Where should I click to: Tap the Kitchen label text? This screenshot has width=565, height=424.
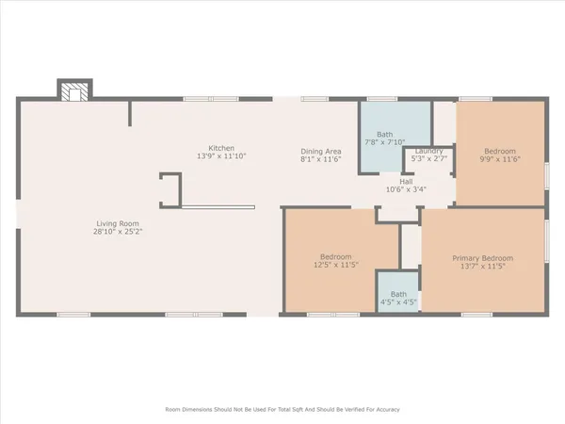coord(221,148)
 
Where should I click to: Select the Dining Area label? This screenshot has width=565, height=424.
coord(320,151)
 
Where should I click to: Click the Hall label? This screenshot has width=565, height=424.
coord(406,181)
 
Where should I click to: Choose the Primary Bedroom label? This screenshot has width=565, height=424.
coord(482,258)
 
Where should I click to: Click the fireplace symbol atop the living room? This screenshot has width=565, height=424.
coord(73,91)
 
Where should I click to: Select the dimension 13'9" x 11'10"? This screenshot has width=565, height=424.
coord(221,156)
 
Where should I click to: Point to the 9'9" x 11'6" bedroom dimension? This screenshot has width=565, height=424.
coord(499,159)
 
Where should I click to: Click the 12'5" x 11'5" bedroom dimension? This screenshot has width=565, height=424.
coord(335,266)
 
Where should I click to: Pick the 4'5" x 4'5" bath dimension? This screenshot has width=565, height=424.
coord(398,302)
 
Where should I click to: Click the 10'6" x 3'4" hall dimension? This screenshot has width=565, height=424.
coord(406,189)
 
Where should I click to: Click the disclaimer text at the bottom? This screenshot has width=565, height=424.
coord(282,410)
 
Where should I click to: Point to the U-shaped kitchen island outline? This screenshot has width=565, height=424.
coord(170,188)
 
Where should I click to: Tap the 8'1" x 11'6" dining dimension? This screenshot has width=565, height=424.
coord(320,159)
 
